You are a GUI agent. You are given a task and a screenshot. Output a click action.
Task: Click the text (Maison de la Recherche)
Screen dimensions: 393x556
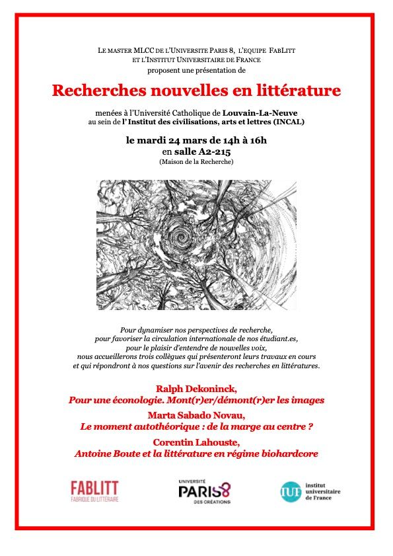[196, 162]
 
